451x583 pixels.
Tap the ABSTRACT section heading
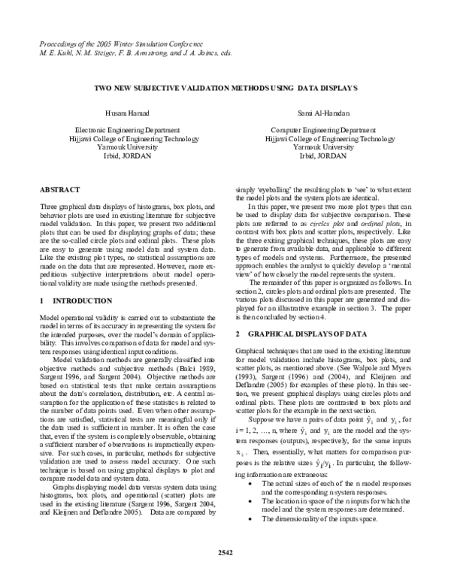[58, 192]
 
